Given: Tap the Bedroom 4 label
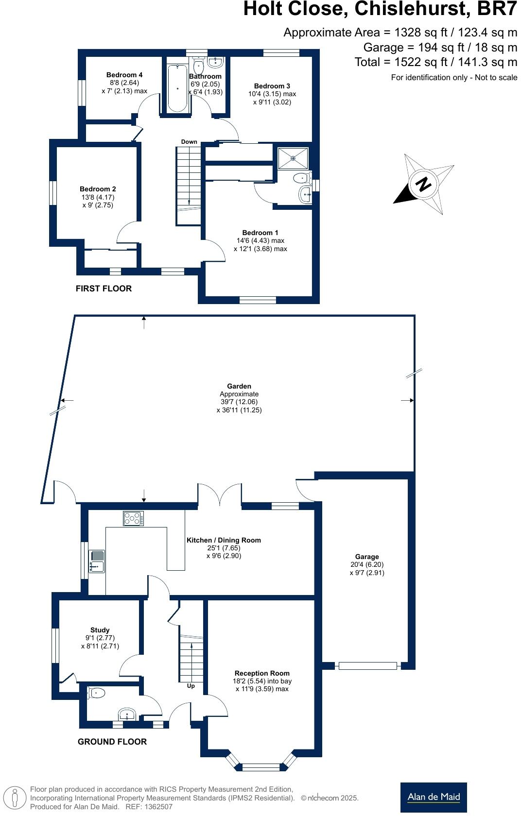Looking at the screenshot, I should [124, 75].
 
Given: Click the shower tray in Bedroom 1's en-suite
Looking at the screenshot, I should [293, 158].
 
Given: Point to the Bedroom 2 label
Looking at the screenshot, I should [98, 189].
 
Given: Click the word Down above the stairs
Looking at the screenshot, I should [189, 142].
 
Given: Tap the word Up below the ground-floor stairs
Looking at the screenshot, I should [191, 686].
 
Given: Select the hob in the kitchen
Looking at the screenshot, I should [134, 518].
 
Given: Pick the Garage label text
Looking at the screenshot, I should [367, 557].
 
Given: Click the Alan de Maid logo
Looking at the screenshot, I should [434, 797].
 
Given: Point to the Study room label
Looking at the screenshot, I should [100, 630].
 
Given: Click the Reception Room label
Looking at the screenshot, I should [262, 673].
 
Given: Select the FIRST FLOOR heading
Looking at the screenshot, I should [104, 289].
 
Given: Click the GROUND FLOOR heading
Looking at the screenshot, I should [112, 742].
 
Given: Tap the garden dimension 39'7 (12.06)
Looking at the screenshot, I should [239, 402].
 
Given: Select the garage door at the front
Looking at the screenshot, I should [367, 666].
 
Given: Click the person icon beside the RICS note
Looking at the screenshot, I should [15, 798].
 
